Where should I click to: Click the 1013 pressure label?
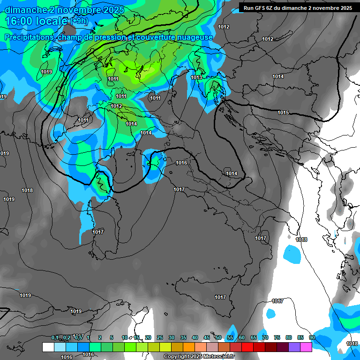[x=196, y=77]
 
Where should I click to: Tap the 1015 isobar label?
[x=283, y=112]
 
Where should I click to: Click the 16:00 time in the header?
[x=19, y=21]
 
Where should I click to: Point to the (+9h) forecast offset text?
[x=81, y=21]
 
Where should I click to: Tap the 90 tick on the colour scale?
[x=312, y=337]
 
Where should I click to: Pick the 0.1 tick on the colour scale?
[x=54, y=337]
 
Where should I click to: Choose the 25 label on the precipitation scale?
[x=159, y=337]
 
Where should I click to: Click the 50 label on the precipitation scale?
[x=218, y=337]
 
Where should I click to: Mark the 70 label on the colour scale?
[x=265, y=337]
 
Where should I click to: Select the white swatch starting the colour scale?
[x=48, y=347]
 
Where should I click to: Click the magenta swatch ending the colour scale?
[x=306, y=347]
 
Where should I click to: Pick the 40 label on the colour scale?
[x=195, y=337]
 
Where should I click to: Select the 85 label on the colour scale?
[x=300, y=337]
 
